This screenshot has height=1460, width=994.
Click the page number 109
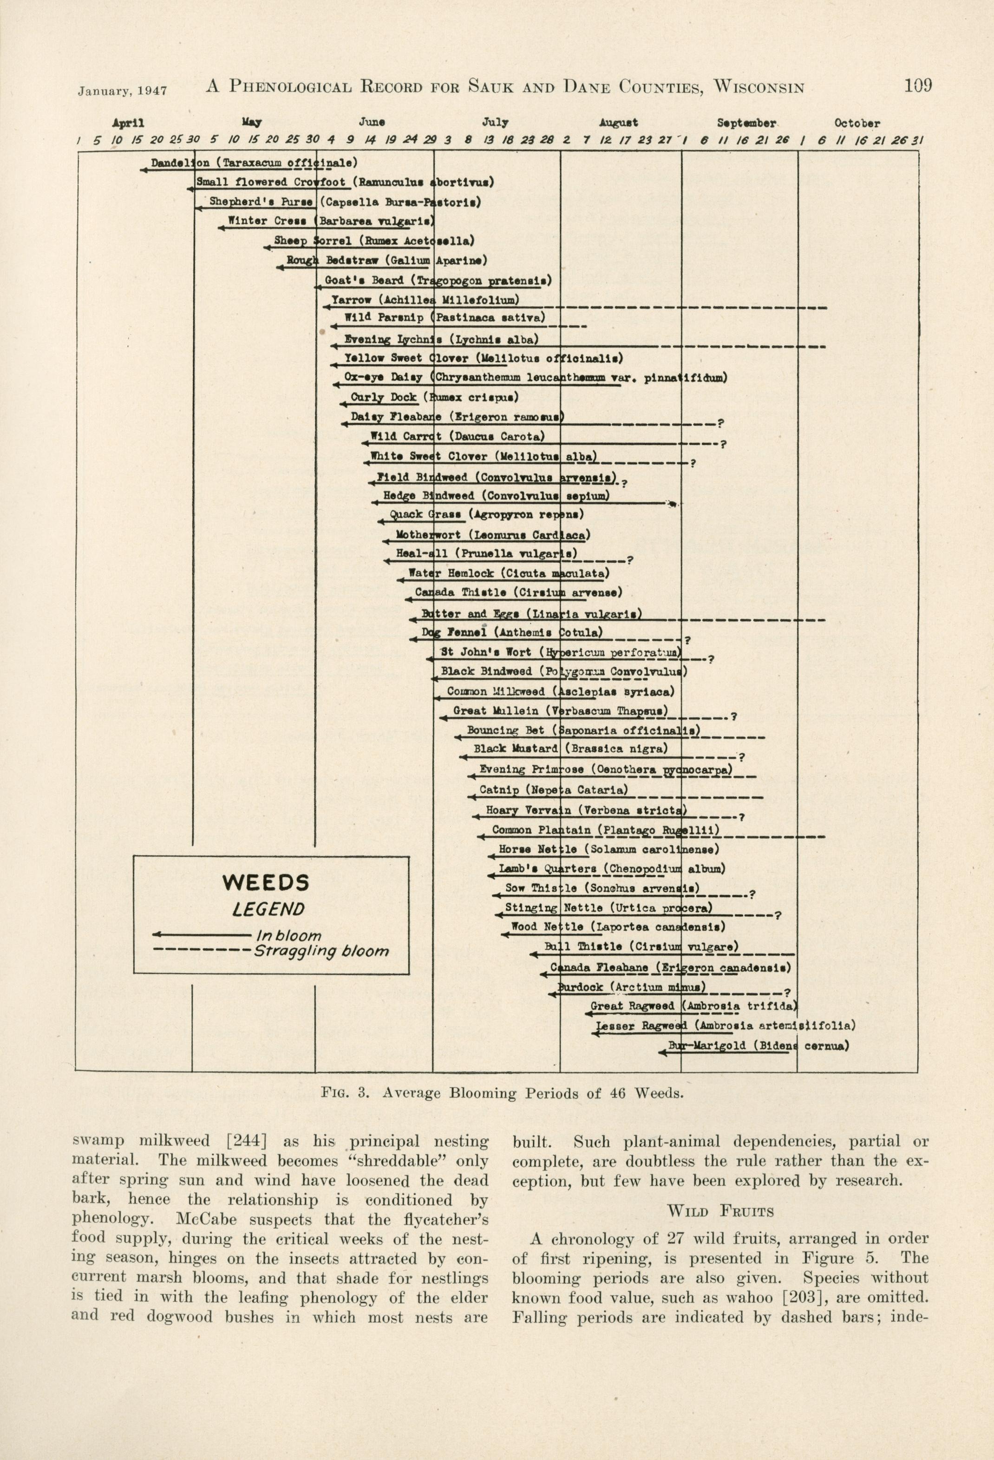point(917,85)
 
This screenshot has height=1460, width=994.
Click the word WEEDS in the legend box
point(266,883)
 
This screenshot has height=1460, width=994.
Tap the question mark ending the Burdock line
point(787,993)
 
